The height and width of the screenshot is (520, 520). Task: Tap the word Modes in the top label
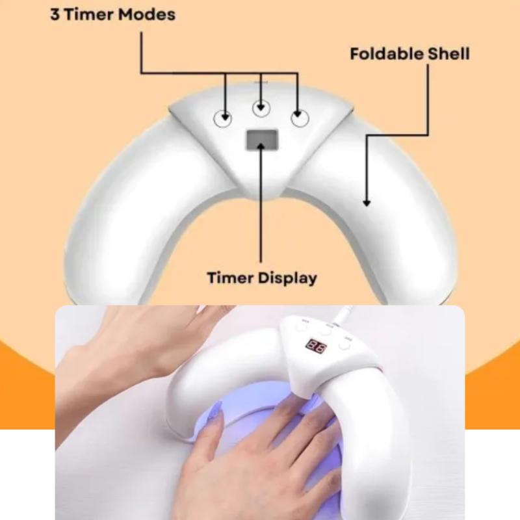(x=147, y=14)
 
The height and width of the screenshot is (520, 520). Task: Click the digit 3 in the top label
(x=55, y=14)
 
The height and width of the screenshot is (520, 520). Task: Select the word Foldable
(x=386, y=54)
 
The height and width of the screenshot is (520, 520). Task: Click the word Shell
(x=448, y=54)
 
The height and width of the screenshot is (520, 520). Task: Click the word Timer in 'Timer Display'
(x=230, y=278)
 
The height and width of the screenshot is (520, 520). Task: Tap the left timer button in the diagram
(x=222, y=118)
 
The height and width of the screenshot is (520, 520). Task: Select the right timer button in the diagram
(x=300, y=118)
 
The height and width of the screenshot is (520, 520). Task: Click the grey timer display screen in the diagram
(x=262, y=139)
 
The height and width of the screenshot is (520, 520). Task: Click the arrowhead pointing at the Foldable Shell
(x=367, y=202)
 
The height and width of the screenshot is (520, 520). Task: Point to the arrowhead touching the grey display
(x=261, y=146)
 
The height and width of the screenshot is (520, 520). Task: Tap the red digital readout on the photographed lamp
(x=316, y=346)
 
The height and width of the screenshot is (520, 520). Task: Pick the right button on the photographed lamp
(x=345, y=344)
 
